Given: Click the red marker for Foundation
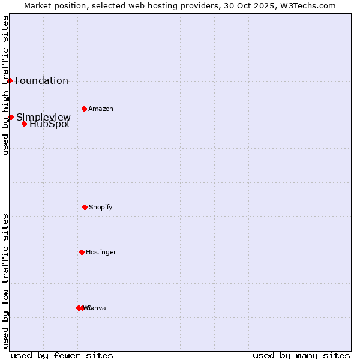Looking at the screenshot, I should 10,80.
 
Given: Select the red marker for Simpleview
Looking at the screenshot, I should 11,117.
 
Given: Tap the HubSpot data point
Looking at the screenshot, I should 24,124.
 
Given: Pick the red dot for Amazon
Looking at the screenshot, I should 84,109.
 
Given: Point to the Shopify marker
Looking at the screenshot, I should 85,207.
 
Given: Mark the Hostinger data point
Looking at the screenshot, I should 82,252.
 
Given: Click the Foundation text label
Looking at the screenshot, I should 41,81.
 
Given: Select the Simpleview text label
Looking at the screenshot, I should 43,117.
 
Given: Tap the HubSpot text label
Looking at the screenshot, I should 50,124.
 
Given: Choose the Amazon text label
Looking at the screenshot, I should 101,109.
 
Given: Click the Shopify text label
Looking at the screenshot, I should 101,208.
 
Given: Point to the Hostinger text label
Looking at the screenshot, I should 101,253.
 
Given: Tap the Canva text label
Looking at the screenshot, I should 96,308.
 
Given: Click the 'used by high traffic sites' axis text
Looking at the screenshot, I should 5,85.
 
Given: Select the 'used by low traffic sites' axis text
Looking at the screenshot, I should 5,281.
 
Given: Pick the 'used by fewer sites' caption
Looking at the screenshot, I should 62,355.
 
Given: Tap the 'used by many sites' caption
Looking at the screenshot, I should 301,355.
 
